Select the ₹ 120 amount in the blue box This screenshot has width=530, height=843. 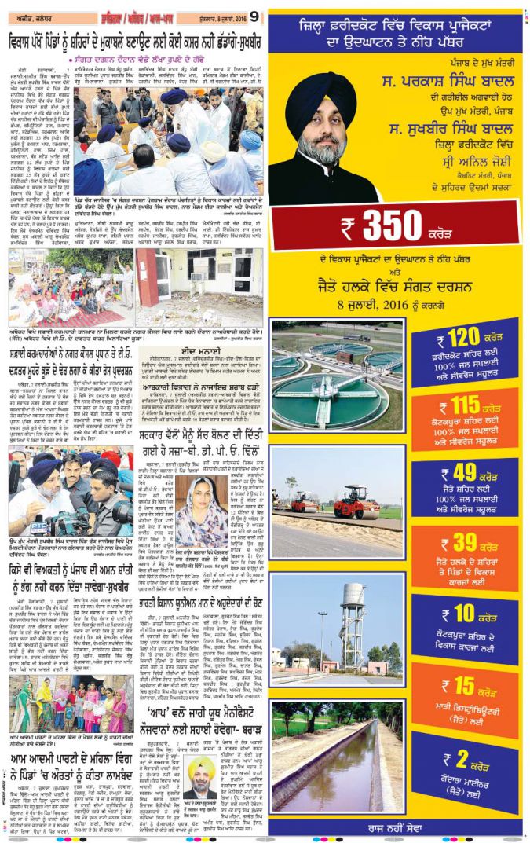[458, 339]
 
